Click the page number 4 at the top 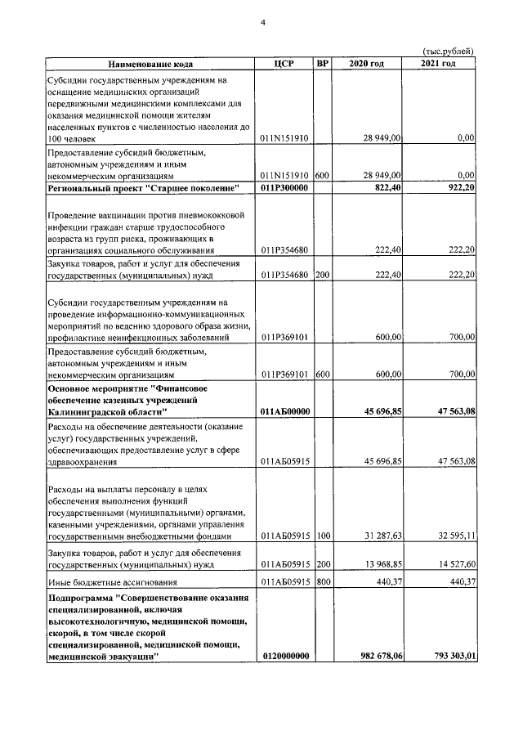[x=263, y=22]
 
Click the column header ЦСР [x=284, y=64]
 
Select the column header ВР [x=322, y=64]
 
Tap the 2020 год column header [x=366, y=64]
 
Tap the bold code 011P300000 [x=285, y=190]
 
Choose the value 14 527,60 [x=452, y=564]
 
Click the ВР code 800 [x=322, y=582]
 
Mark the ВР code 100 [x=322, y=536]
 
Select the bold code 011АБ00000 [x=285, y=412]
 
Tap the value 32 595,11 [x=452, y=536]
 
